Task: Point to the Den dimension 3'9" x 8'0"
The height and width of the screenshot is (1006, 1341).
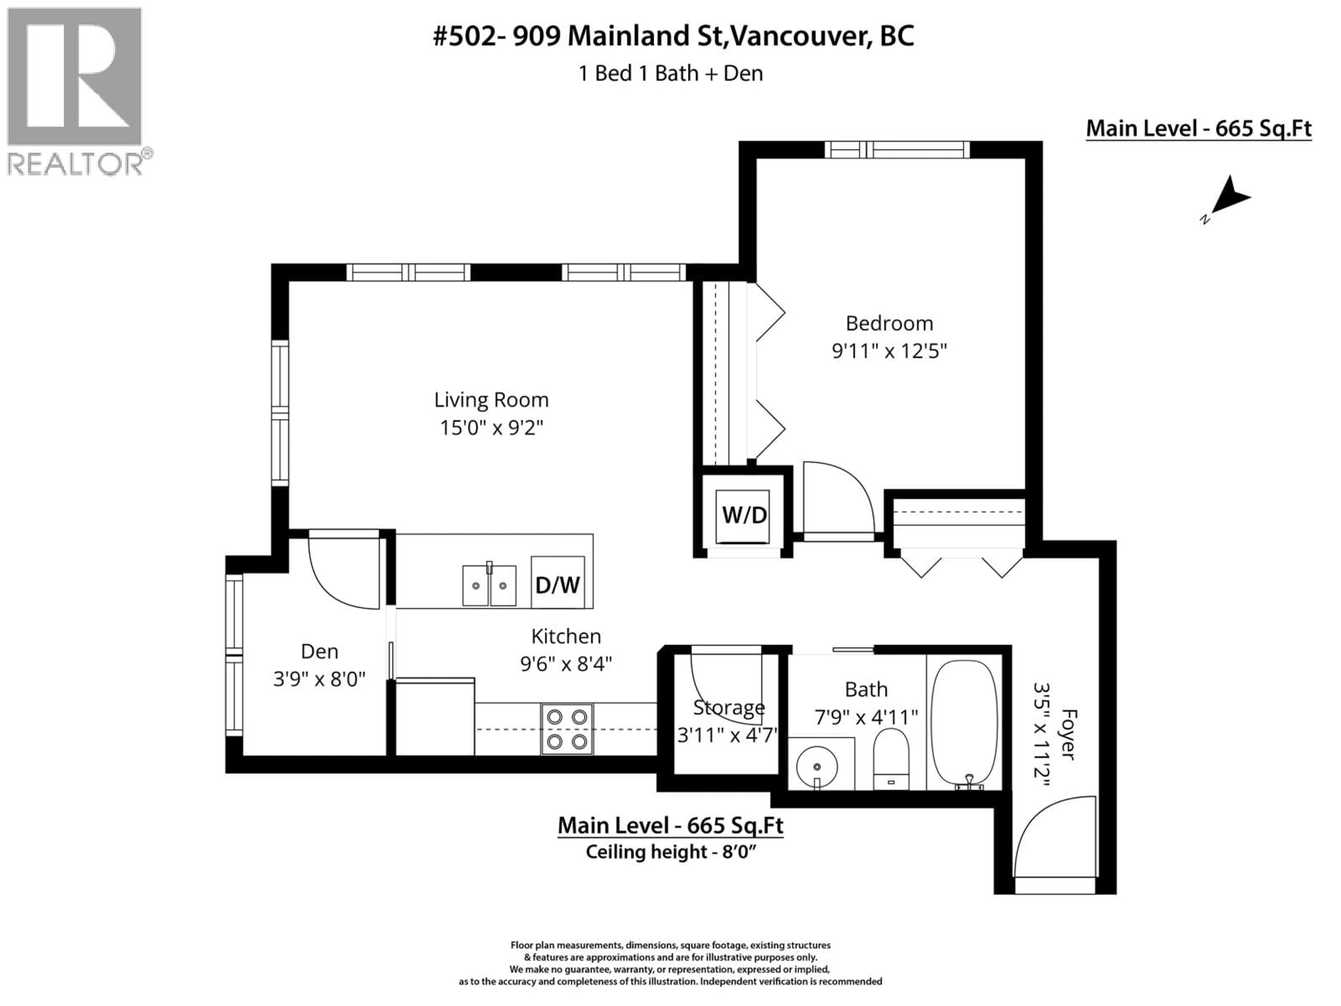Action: pyautogui.click(x=320, y=679)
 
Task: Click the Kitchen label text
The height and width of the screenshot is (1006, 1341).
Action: pyautogui.click(x=566, y=636)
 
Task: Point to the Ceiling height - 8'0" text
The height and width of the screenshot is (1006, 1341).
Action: pyautogui.click(x=670, y=852)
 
